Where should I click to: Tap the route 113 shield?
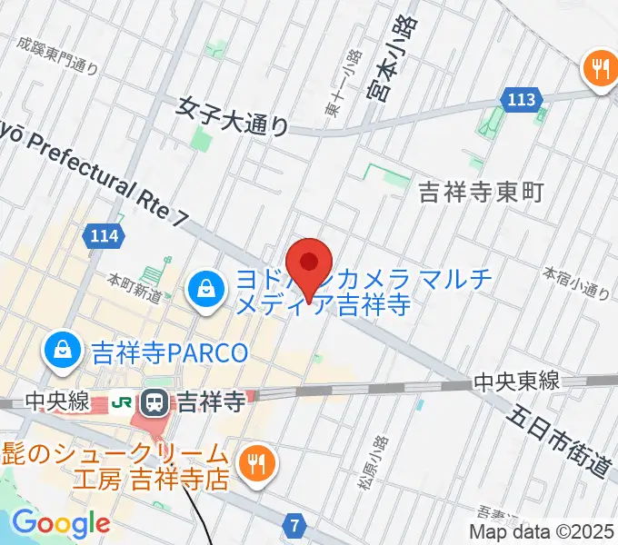(521, 100)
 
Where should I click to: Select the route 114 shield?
(104, 236)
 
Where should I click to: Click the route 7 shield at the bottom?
(294, 526)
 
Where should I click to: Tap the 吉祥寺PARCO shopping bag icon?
(63, 350)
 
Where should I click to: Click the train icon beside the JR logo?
(154, 400)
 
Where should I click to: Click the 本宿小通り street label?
(576, 282)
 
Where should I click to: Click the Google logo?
(60, 524)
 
